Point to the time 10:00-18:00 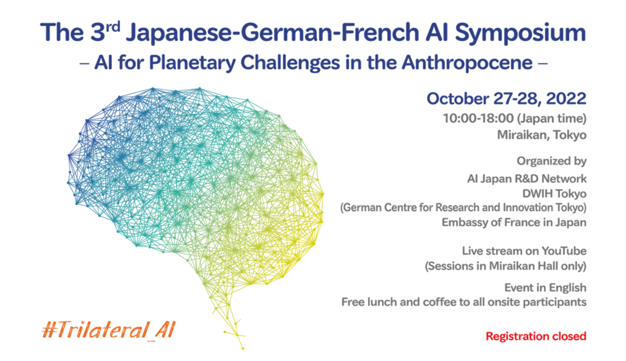[478, 118]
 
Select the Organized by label [551, 162]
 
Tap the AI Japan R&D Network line [526, 178]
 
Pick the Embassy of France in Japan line [514, 223]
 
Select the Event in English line [545, 287]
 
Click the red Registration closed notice [536, 336]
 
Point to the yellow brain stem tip [243, 348]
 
